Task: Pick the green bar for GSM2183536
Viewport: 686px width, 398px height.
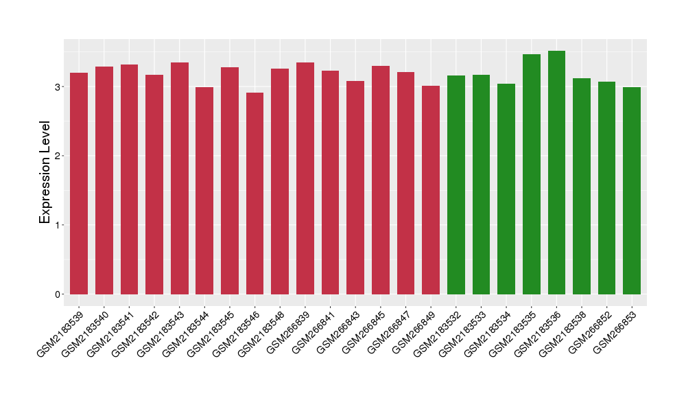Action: [556, 172]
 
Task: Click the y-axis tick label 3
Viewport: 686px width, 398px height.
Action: [58, 87]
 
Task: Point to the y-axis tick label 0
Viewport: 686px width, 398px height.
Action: [58, 294]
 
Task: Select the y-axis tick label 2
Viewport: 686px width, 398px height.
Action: [58, 156]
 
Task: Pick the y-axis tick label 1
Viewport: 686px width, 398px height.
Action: [58, 225]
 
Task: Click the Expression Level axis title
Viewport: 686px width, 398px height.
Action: [45, 172]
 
